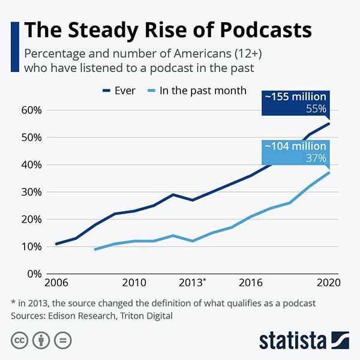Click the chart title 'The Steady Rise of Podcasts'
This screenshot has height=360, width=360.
coord(168,30)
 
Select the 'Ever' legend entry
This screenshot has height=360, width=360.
coord(119,91)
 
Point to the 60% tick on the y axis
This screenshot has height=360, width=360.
coord(31,110)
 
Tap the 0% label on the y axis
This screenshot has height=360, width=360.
coord(34,274)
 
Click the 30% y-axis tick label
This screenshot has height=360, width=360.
coord(31,192)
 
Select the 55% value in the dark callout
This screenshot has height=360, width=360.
coord(316,109)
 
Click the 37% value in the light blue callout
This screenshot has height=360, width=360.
coord(316,158)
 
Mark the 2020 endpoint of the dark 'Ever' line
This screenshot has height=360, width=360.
coord(329,124)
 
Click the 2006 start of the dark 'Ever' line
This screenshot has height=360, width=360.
coord(56,244)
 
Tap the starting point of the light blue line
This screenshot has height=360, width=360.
coord(95,249)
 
